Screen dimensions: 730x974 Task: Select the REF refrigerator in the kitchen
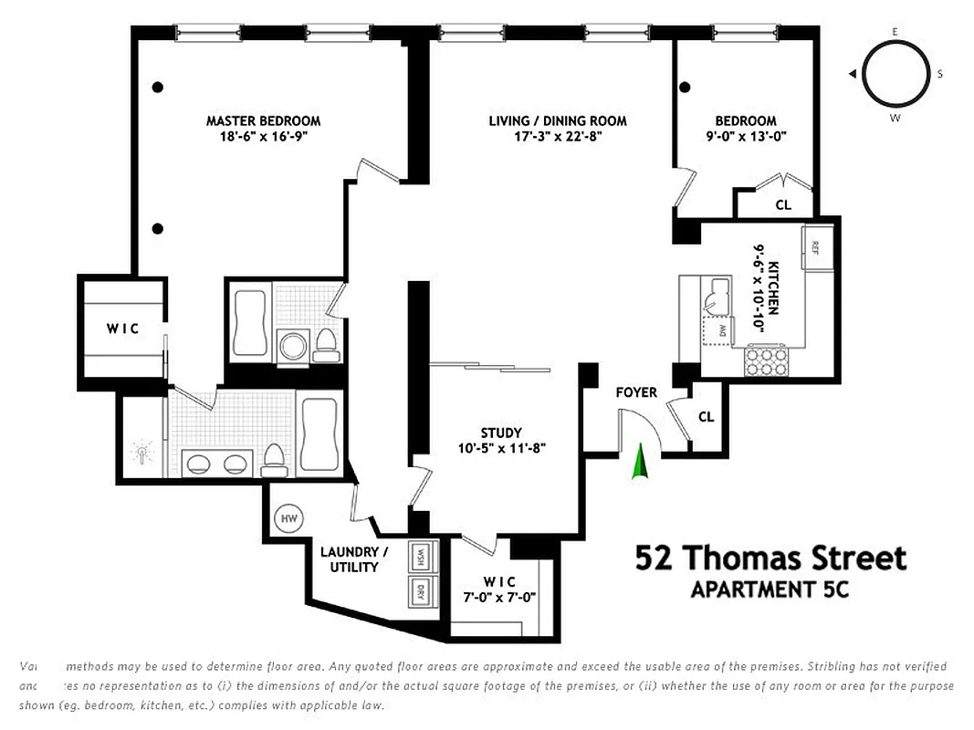click(815, 246)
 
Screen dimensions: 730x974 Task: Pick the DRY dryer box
click(422, 589)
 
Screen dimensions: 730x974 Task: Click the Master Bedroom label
click(263, 120)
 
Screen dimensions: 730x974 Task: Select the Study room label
click(501, 433)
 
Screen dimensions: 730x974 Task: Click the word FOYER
click(636, 392)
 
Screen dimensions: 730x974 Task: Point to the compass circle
click(894, 75)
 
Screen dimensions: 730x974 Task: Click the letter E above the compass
click(895, 32)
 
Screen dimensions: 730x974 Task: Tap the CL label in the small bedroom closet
click(783, 205)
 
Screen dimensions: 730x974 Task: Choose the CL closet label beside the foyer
click(706, 417)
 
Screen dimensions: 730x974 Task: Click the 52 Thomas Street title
click(770, 558)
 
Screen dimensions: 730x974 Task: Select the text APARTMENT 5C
click(770, 589)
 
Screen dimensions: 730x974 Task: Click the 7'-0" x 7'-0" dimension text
click(499, 598)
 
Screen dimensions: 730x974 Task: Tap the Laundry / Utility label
click(354, 559)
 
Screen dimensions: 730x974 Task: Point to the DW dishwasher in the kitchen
click(721, 329)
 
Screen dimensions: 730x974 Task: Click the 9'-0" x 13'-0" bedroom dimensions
click(746, 137)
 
